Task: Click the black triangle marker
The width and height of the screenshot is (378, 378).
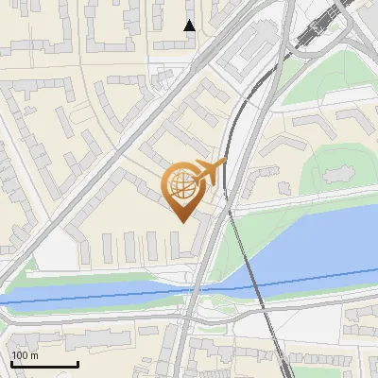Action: [190, 26]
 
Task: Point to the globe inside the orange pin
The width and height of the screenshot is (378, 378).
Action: [181, 184]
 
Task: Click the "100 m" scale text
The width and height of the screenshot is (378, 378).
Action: [26, 355]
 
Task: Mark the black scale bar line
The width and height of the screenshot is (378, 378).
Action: [44, 364]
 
